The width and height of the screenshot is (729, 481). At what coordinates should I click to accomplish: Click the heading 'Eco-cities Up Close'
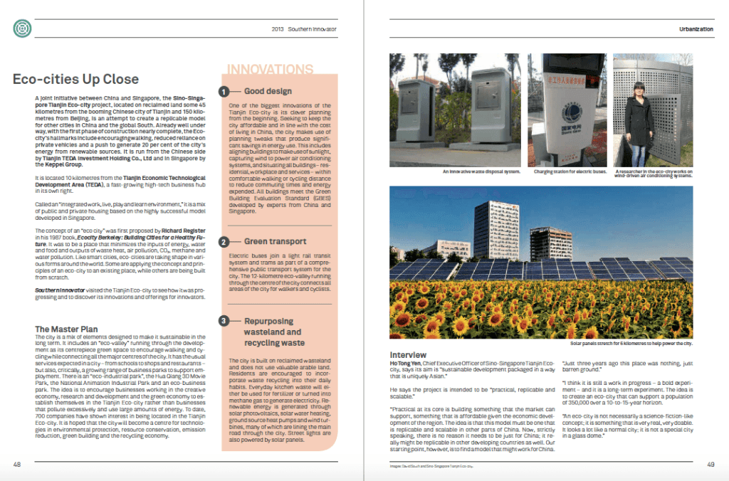(75, 79)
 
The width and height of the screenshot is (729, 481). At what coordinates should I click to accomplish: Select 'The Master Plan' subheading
(66, 329)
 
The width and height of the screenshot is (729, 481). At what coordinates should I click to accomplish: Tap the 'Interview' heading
(408, 355)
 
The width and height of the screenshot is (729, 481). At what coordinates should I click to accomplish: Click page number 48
(17, 464)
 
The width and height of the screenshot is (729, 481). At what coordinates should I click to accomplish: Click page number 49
(710, 464)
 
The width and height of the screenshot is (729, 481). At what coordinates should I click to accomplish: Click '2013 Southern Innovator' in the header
(304, 29)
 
